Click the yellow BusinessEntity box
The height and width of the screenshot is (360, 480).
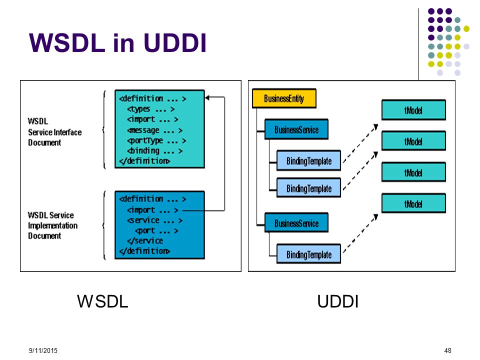pos(284,98)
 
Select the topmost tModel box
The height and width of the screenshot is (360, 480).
pos(413,110)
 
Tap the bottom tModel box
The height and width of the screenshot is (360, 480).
pos(413,203)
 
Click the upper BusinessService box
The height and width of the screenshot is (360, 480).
pos(296,129)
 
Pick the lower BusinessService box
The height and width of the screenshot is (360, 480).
pos(296,223)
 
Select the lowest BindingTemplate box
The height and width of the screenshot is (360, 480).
pos(308,254)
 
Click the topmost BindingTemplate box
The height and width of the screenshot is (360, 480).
pos(308,160)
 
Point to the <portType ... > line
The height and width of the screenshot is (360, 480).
pos(156,141)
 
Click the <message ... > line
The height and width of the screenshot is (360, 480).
pos(155,130)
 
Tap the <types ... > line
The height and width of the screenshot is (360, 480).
pos(151,109)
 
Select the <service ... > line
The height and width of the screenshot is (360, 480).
pos(155,220)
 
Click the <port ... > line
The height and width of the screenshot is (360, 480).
pos(156,230)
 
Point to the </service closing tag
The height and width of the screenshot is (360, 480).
pos(145,240)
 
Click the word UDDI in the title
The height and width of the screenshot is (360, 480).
pos(175,42)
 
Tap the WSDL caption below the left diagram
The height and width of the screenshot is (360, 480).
pos(102,301)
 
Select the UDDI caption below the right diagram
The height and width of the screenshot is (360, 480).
pos(337,301)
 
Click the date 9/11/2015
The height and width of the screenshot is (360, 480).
pos(43,350)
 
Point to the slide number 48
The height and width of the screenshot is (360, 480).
pos(447,350)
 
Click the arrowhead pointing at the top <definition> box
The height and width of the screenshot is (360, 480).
pos(207,97)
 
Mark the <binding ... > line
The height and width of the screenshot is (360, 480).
pos(155,151)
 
